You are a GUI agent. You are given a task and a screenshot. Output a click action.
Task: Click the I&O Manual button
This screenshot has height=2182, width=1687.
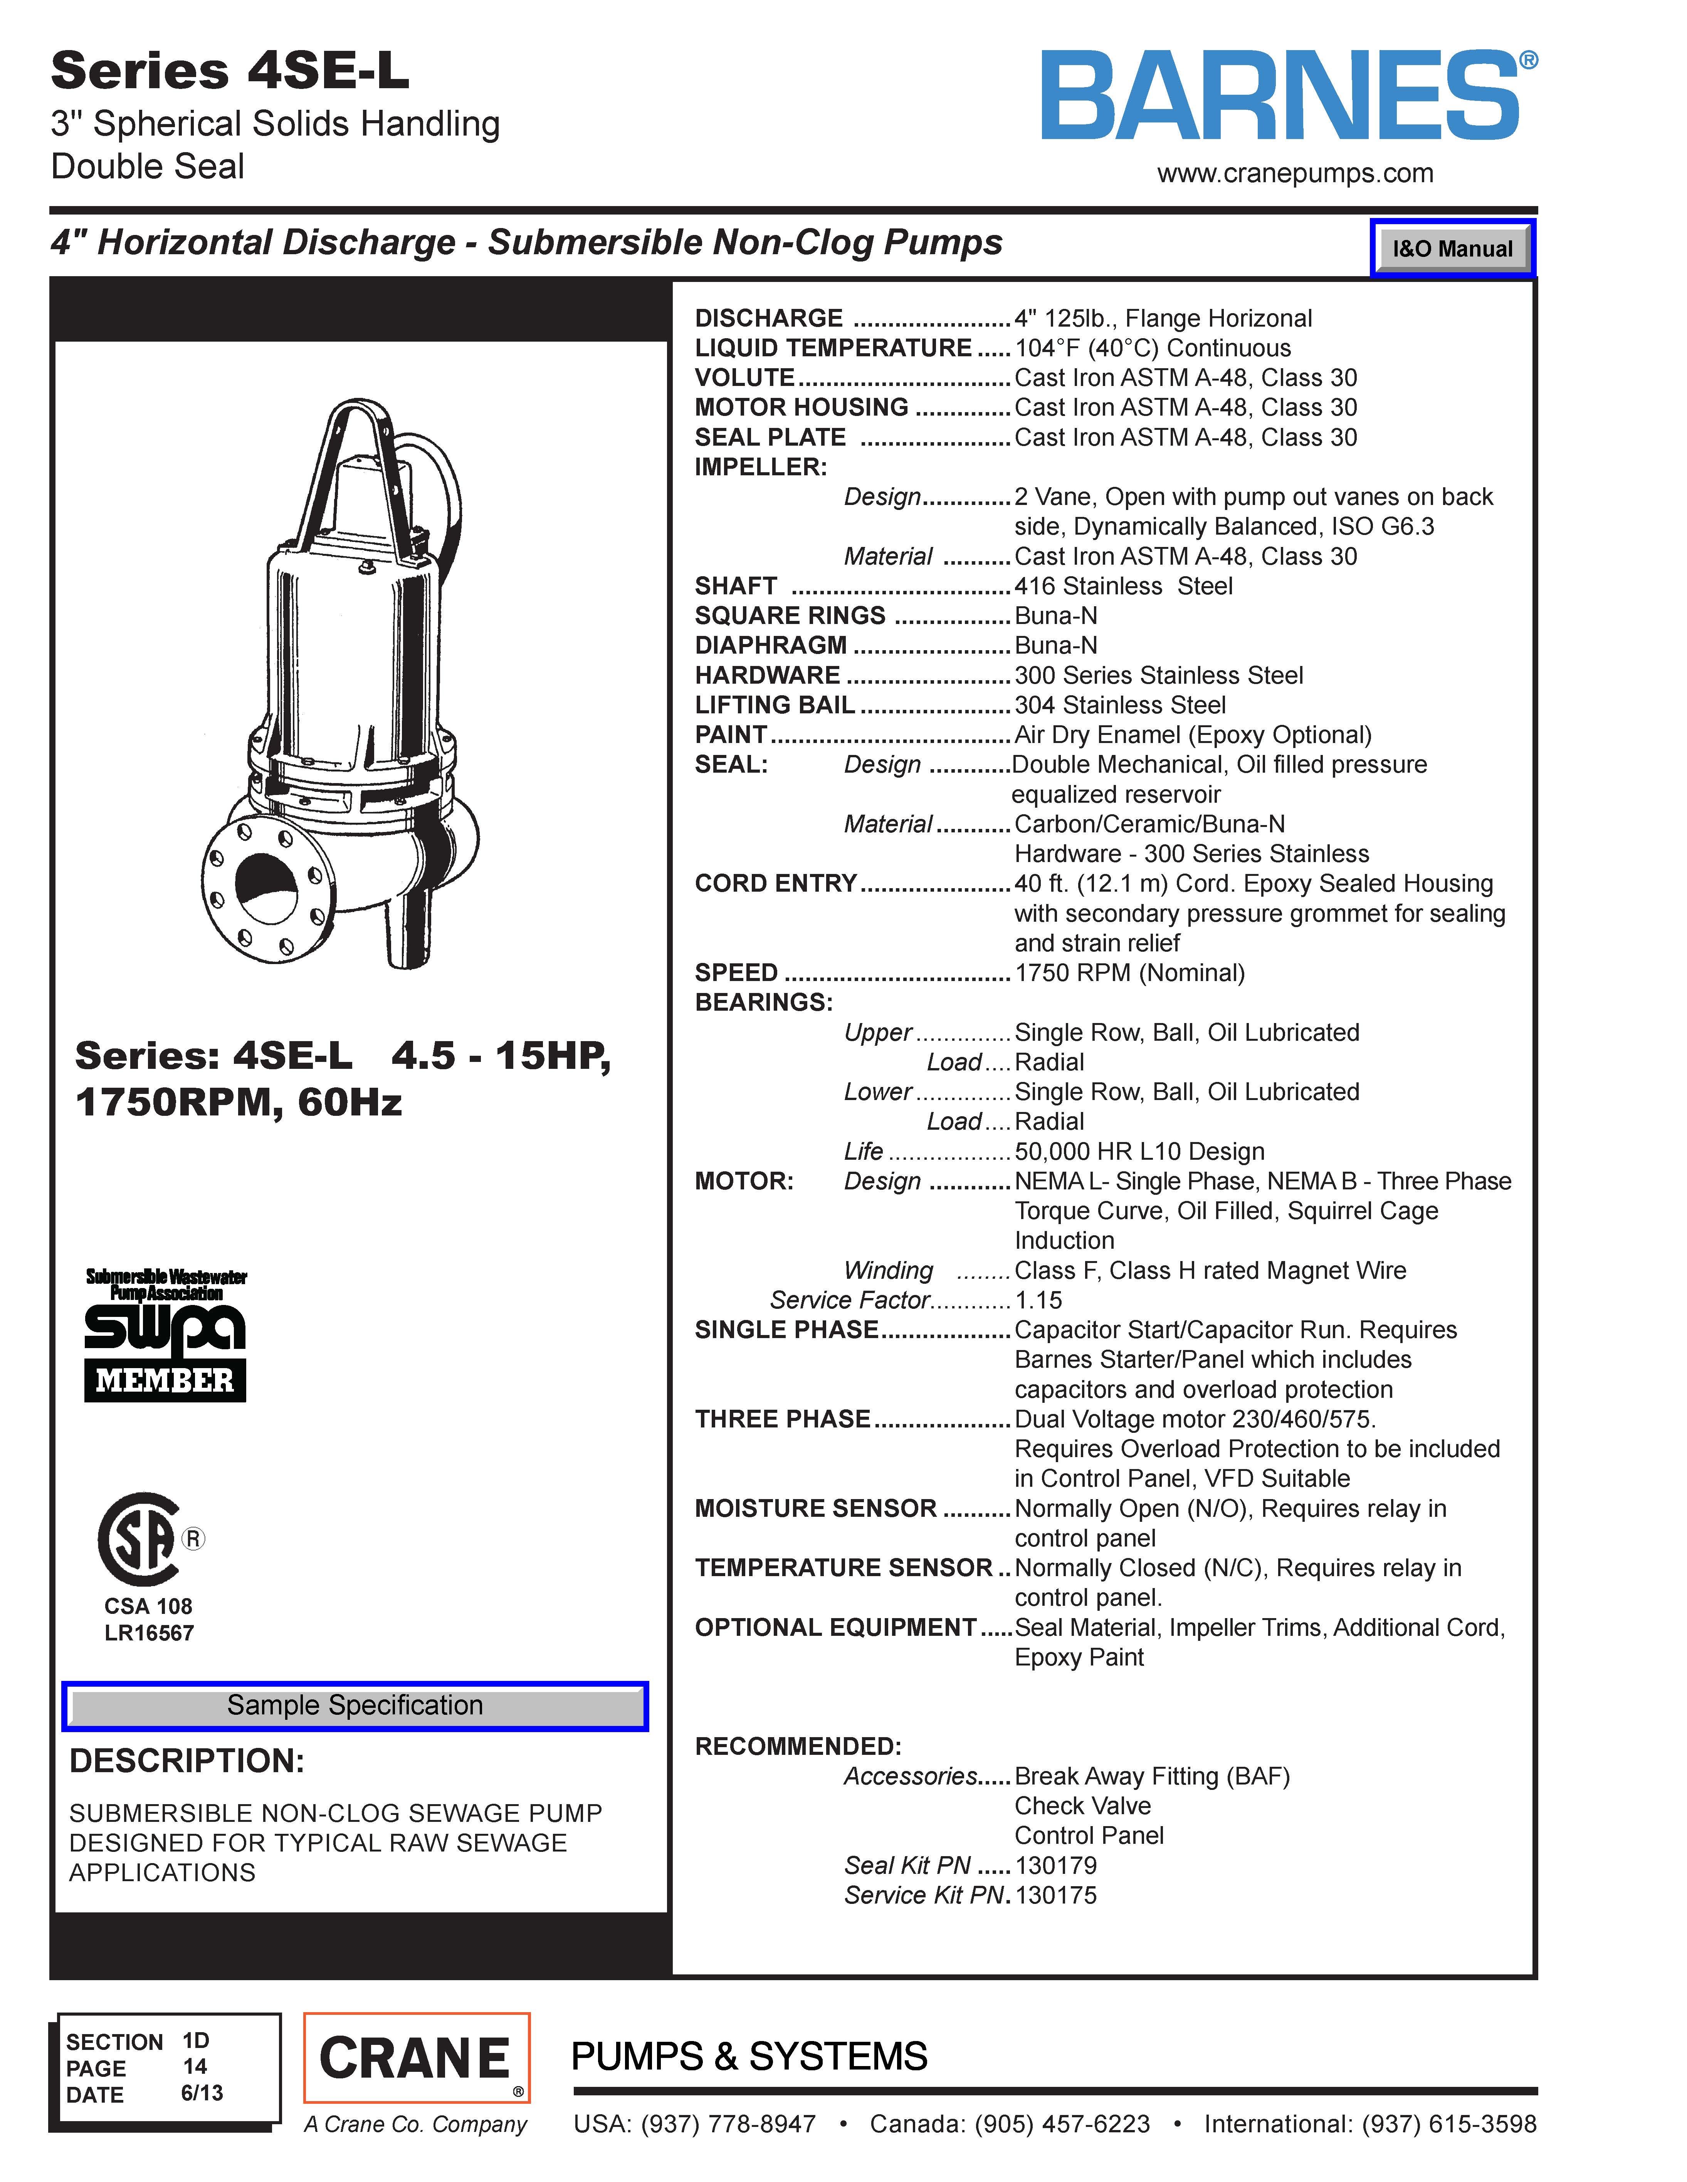click(x=1452, y=249)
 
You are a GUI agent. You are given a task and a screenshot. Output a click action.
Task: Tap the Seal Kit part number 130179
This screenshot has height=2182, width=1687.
click(x=1055, y=1865)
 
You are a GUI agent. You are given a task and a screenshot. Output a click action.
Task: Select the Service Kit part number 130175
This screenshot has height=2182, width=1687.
click(x=1055, y=1895)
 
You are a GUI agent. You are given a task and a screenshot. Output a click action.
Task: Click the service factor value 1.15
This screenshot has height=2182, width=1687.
click(x=1038, y=1300)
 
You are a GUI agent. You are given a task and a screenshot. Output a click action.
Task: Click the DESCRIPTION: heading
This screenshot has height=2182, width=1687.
click(x=187, y=1760)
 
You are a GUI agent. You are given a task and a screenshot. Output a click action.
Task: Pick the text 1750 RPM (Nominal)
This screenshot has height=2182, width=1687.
click(x=1129, y=973)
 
